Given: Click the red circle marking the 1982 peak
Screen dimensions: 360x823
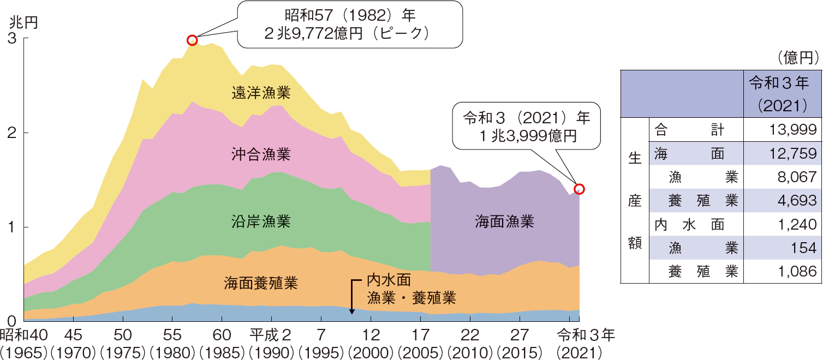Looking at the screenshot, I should (x=192, y=40).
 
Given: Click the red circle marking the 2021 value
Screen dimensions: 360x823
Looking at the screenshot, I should (x=580, y=189).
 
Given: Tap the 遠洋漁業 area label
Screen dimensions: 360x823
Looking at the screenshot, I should (x=260, y=94).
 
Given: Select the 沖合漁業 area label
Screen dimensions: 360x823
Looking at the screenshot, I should (x=260, y=154).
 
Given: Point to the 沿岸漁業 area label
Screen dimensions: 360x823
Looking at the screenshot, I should (x=260, y=221).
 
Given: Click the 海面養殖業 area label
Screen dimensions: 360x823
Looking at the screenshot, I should (x=260, y=284).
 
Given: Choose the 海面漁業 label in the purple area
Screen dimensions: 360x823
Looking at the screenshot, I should (x=504, y=221).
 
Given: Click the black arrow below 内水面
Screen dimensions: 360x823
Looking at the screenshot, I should (x=352, y=297).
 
